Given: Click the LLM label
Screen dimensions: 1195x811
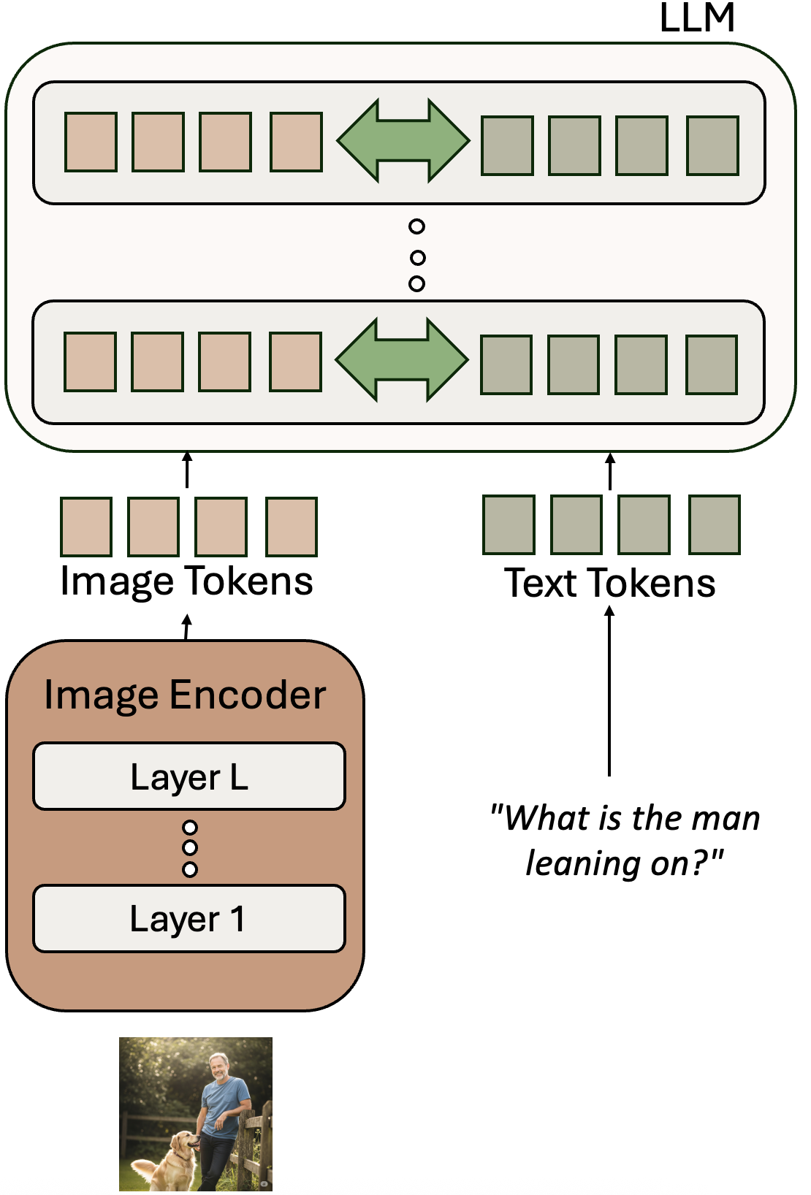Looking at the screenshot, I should tap(696, 18).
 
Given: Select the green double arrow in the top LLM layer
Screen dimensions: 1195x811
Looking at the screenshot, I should tap(403, 140).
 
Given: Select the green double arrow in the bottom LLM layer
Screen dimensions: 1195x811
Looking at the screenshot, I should tap(401, 359).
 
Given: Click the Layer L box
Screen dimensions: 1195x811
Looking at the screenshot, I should tap(189, 776).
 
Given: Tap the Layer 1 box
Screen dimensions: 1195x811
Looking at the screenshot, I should tap(189, 919).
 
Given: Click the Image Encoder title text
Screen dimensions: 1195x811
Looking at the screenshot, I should tap(185, 695).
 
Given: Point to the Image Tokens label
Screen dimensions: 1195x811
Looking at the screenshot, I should tap(187, 582).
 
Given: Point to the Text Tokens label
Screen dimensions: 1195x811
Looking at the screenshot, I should tap(610, 584).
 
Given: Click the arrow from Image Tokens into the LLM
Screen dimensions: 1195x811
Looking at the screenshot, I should tap(187, 469).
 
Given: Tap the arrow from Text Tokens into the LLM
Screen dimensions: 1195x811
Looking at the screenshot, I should tap(610, 471).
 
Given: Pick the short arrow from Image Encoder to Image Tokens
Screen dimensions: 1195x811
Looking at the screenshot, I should tap(187, 627).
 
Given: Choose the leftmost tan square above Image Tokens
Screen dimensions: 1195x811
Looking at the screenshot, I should tap(86, 527).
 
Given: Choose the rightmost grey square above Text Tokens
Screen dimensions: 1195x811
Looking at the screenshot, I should tap(715, 525).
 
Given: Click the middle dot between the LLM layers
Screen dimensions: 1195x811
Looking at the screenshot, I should tap(417, 257).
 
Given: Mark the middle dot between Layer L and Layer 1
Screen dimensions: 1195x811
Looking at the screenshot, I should tap(190, 848).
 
